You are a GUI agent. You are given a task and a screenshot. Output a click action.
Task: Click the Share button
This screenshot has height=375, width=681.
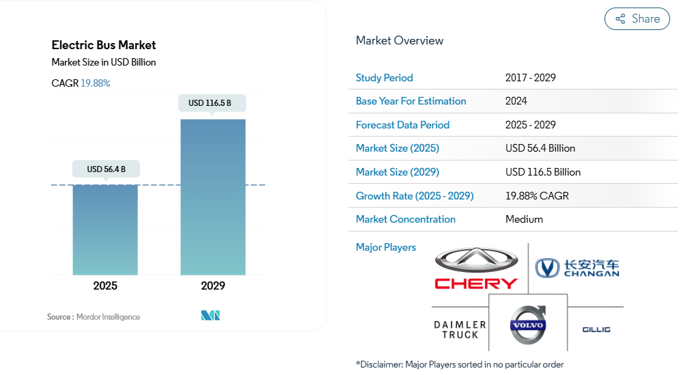point(637,19)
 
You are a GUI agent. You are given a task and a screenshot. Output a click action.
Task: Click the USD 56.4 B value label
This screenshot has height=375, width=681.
point(106,169)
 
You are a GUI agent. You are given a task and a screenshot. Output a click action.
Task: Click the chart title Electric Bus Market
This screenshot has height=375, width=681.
point(104,45)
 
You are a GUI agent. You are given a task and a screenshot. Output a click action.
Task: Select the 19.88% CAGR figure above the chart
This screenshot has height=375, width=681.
point(96,83)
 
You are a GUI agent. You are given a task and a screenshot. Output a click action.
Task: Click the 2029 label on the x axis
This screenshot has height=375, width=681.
point(213,286)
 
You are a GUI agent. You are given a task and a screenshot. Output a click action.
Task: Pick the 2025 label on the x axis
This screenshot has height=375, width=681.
point(105,286)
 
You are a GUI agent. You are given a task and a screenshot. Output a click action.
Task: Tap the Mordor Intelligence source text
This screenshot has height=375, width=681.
point(108,317)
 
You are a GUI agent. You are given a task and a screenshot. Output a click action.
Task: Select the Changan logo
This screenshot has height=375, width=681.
point(577,268)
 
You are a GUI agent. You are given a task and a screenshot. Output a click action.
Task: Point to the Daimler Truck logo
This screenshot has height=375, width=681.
point(460,329)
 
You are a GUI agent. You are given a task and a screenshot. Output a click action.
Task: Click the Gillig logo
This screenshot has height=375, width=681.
point(596,330)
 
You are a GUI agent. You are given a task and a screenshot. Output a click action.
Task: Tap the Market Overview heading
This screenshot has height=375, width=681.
point(400,40)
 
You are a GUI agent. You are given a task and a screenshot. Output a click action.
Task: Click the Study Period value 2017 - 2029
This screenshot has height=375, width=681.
point(531,77)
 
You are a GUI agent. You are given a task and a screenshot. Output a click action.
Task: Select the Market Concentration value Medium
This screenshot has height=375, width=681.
point(524,219)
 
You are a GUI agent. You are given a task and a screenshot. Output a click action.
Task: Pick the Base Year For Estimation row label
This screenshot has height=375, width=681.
point(411,101)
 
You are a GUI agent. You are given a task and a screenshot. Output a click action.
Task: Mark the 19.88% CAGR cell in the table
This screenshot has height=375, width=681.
point(537,196)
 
